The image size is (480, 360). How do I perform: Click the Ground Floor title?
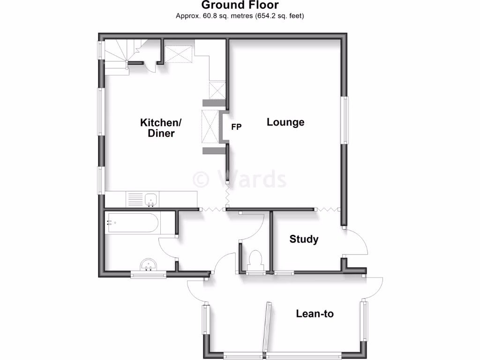pos(240,6)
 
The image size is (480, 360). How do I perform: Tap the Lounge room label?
pos(285,122)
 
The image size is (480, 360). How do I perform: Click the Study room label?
pos(304,239)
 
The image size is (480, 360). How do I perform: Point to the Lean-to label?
pos(315,314)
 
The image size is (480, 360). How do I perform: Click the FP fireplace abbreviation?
pos(236,127)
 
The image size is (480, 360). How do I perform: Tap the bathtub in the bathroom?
pos(133,223)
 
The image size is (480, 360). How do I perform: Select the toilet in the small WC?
pos(255,259)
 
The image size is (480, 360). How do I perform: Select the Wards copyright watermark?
pos(240,179)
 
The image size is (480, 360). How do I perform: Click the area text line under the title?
pos(240,16)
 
